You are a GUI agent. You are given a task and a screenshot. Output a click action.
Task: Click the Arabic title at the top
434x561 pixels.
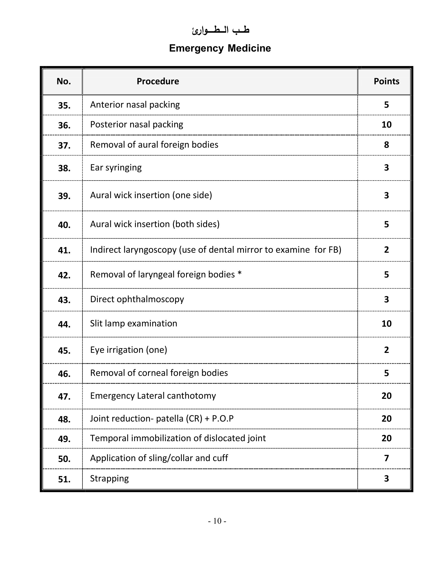(x=221, y=30)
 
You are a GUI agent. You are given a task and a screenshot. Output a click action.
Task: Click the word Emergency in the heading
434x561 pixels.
(x=196, y=48)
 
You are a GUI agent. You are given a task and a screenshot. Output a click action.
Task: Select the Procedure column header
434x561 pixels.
(x=158, y=81)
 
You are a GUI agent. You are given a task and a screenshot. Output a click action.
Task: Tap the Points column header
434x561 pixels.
(x=386, y=81)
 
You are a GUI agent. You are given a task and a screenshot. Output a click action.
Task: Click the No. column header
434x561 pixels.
(x=64, y=81)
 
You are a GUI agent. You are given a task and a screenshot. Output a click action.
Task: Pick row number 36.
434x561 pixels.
(x=64, y=125)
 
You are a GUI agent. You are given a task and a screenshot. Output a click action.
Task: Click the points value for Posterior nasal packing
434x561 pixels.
(x=386, y=125)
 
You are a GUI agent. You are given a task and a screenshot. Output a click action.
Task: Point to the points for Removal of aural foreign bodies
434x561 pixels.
(x=386, y=145)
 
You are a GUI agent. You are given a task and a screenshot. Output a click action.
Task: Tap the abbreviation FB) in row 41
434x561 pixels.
(x=335, y=250)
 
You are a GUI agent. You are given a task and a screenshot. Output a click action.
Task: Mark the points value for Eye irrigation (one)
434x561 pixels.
(x=386, y=350)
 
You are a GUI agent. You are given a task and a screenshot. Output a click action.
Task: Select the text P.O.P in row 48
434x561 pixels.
(x=223, y=418)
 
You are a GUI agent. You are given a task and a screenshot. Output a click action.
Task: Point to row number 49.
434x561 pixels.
(x=64, y=439)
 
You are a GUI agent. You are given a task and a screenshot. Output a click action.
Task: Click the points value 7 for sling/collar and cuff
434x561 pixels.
(x=386, y=458)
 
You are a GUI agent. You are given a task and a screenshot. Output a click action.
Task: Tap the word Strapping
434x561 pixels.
(x=109, y=478)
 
